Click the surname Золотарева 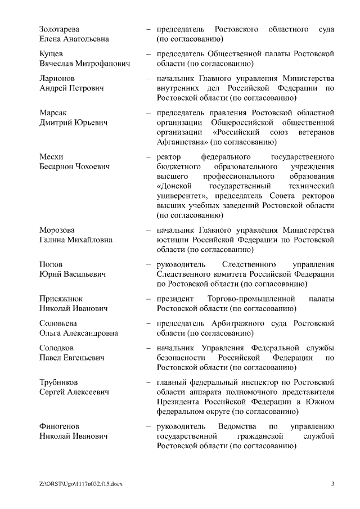[59, 29]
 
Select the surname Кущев [52, 54]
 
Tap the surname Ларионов [57, 78]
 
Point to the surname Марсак [53, 112]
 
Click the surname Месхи [51, 156]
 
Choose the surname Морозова [57, 230]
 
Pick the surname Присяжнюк [61, 299]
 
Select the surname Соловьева [58, 323]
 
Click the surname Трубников [59, 382]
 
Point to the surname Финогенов [59, 426]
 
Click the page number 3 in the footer [332, 484]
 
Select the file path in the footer [80, 484]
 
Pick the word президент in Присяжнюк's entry [175, 299]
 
